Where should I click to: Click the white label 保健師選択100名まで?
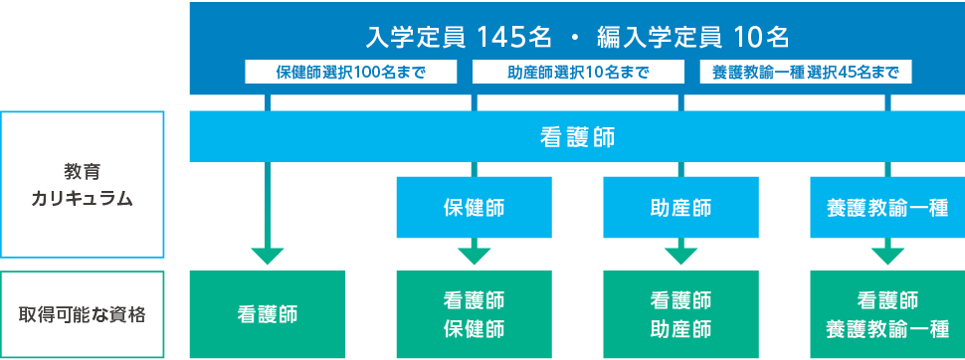pyautogui.click(x=351, y=73)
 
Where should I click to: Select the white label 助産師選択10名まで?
pyautogui.click(x=578, y=73)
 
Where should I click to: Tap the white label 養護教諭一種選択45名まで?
pyautogui.click(x=806, y=73)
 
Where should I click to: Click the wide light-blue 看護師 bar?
pyautogui.click(x=577, y=137)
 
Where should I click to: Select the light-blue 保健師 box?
pyautogui.click(x=474, y=208)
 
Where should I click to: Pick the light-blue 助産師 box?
pyautogui.click(x=680, y=208)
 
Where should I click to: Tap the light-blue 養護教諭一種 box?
pyautogui.click(x=887, y=208)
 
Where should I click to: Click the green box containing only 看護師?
pyautogui.click(x=267, y=314)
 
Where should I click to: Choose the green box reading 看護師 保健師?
pyautogui.click(x=474, y=314)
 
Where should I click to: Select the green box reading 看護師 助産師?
pyautogui.click(x=680, y=314)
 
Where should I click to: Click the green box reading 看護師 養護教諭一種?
pyautogui.click(x=887, y=314)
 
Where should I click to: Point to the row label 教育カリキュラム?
pyautogui.click(x=82, y=185)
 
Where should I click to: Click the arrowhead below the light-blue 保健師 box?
pyautogui.click(x=474, y=255)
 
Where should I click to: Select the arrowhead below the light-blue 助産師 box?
pyautogui.click(x=680, y=255)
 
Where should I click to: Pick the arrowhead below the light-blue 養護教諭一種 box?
pyautogui.click(x=887, y=255)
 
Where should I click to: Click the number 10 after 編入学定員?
pyautogui.click(x=746, y=39)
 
